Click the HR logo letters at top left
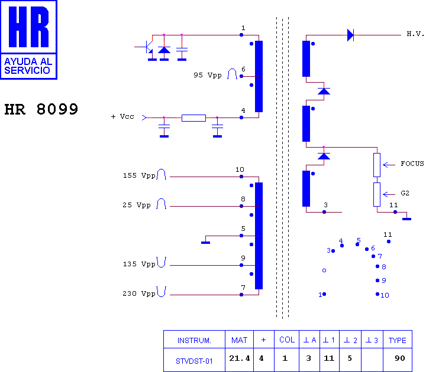[x=28, y=27]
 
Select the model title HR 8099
[x=41, y=109]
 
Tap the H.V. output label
[x=415, y=34]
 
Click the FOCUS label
[x=412, y=164]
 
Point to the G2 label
[x=405, y=193]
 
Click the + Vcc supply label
[x=122, y=116]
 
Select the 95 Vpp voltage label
[x=208, y=75]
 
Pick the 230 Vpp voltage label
[x=139, y=293]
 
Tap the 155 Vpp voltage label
[x=139, y=176]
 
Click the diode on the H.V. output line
[x=350, y=35]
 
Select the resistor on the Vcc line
[x=193, y=118]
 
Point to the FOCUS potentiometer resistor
[x=377, y=165]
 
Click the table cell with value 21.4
[x=240, y=358]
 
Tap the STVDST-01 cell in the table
[x=194, y=361]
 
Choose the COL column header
[x=287, y=340]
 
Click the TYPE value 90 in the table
[x=400, y=358]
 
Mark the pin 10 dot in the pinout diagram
[x=377, y=294]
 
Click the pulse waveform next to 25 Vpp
[x=161, y=204]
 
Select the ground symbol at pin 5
[x=206, y=243]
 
